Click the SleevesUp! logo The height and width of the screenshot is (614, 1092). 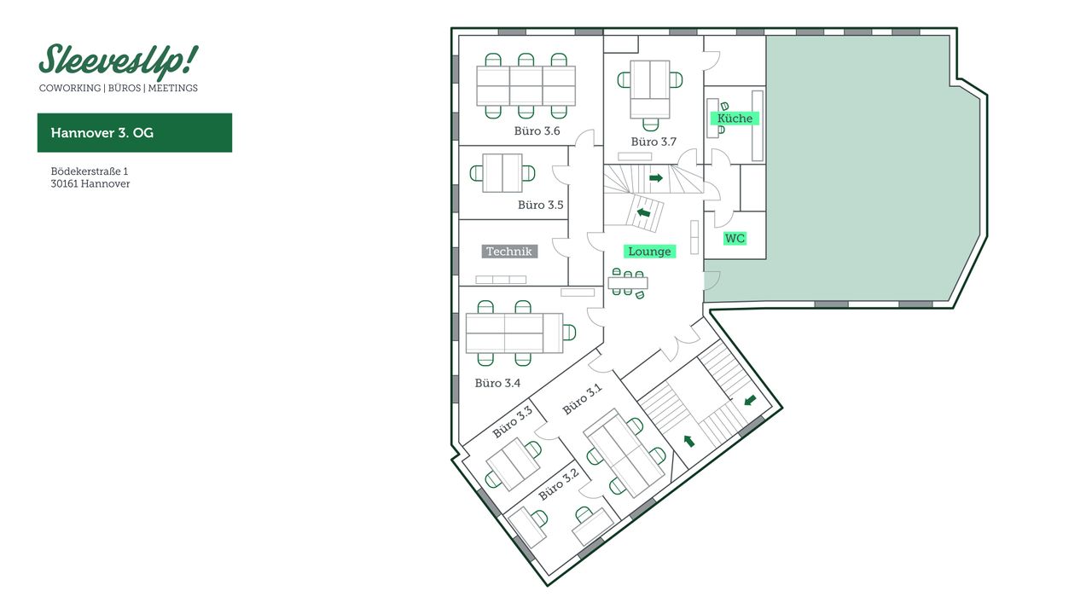(118, 61)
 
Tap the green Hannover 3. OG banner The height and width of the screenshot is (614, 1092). (134, 133)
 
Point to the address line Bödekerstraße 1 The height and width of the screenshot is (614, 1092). (89, 171)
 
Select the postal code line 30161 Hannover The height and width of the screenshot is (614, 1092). (90, 183)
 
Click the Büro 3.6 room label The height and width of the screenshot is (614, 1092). (537, 131)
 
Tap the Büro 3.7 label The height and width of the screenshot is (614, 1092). (653, 142)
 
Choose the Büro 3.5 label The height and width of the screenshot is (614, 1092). (540, 205)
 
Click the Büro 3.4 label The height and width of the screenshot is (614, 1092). (497, 383)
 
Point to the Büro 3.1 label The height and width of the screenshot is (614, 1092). (582, 399)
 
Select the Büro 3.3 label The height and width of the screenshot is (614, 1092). (513, 422)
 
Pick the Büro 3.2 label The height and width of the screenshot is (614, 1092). (559, 484)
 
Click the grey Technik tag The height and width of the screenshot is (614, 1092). (509, 252)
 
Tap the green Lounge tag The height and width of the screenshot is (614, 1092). (649, 252)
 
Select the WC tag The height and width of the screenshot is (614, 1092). (735, 239)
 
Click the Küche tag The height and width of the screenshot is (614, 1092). (735, 119)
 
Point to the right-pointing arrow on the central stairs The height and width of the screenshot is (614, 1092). (656, 178)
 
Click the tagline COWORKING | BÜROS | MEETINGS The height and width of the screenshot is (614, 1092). (118, 88)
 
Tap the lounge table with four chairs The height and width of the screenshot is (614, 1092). (628, 283)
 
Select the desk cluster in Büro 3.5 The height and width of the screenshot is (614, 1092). (502, 173)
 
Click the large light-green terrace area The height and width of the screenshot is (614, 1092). (862, 171)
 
